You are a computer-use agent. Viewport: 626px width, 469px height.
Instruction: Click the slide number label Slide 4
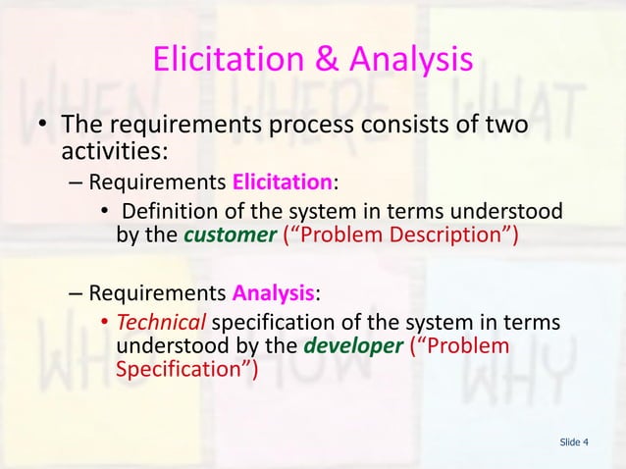tap(574, 443)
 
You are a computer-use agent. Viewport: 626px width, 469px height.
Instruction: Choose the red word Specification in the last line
tap(182, 368)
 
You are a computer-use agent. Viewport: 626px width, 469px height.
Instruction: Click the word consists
tap(403, 128)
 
